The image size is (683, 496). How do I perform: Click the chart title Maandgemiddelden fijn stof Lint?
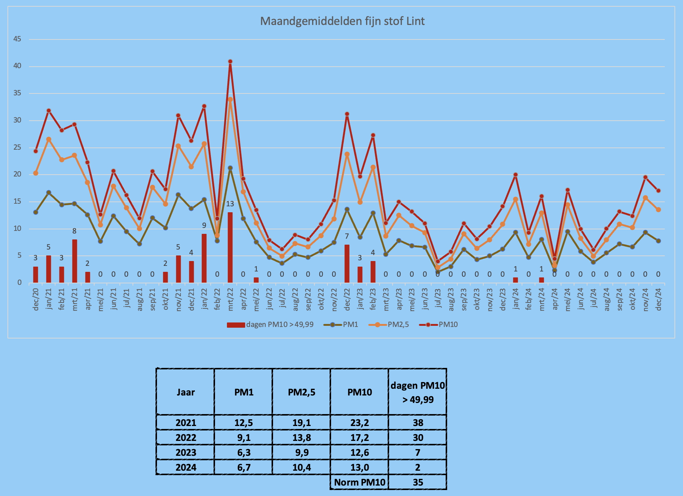[342, 21]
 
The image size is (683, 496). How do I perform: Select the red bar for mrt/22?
[230, 248]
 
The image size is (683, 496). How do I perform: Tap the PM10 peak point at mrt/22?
[230, 61]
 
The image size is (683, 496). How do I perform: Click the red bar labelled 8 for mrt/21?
[74, 261]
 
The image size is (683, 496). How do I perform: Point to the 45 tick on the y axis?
[17, 39]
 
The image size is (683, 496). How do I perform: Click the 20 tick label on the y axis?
[17, 175]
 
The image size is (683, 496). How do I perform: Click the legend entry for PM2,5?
[389, 325]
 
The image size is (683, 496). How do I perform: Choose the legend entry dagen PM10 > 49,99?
[270, 325]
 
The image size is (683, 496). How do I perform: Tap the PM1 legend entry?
[341, 325]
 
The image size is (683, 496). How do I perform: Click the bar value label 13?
[230, 204]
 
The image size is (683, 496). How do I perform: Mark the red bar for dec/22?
[347, 264]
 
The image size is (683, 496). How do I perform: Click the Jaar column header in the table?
[186, 392]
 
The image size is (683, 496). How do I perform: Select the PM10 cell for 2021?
[360, 423]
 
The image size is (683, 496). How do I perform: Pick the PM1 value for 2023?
[244, 452]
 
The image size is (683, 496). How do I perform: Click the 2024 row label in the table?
[186, 467]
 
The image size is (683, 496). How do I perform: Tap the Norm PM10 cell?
[359, 482]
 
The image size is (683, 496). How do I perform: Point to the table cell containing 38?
[418, 423]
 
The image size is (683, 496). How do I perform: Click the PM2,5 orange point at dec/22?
[347, 154]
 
